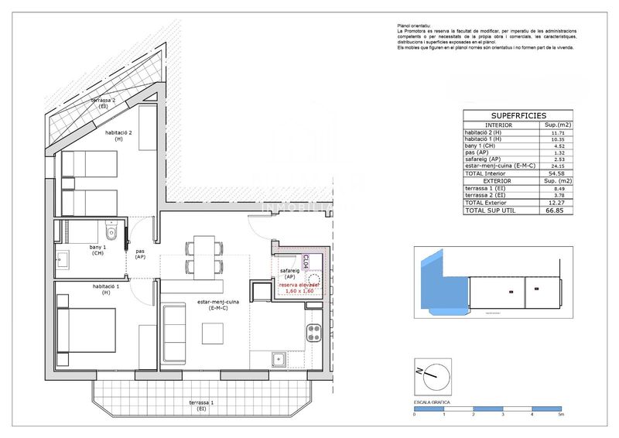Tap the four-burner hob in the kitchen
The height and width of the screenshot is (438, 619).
314,334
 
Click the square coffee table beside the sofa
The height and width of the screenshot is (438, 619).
213,333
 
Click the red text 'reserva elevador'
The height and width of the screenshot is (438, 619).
299,285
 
